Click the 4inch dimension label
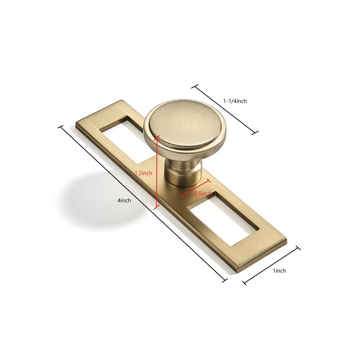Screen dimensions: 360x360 point(124,200)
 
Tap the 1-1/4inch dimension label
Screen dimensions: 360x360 point(235,101)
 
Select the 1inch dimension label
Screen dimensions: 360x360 point(279,271)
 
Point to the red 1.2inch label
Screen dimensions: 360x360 point(143,173)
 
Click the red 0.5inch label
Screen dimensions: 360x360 point(203,193)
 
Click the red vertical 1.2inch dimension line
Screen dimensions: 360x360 point(156,172)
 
